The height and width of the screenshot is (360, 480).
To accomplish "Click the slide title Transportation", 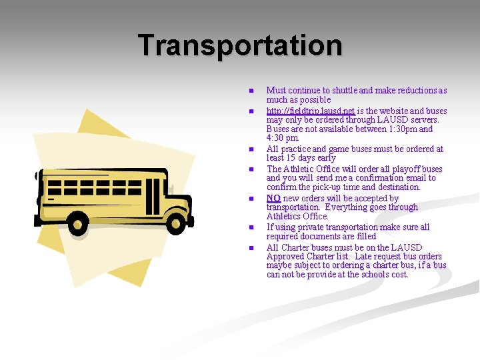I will (x=240, y=45).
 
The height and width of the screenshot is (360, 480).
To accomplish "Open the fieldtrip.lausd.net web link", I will (x=310, y=111).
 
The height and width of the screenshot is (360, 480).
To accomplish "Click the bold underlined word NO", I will (x=273, y=198).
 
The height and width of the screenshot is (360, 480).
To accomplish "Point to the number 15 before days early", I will (x=292, y=158).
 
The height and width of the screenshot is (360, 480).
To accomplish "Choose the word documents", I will (x=321, y=237).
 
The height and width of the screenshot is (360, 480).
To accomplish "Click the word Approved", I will (x=287, y=257).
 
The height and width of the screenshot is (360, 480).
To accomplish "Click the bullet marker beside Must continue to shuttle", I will (x=251, y=91).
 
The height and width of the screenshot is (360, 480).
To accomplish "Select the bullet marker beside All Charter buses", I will (x=251, y=248).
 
